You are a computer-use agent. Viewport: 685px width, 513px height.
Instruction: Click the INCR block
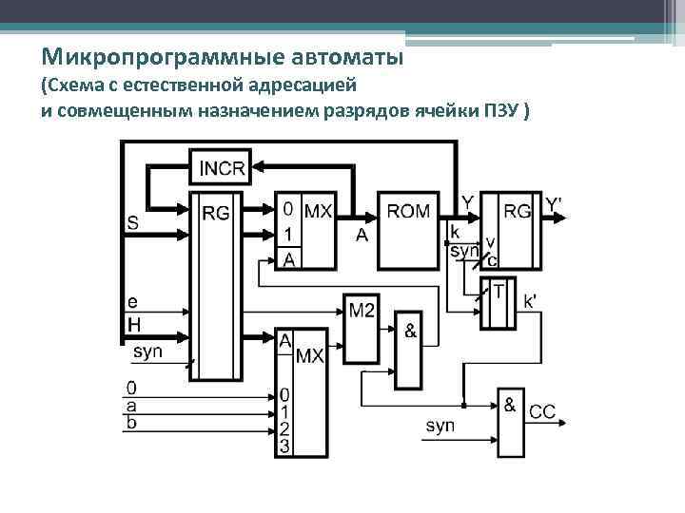point(221,169)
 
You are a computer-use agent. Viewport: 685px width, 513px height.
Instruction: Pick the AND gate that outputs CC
point(510,421)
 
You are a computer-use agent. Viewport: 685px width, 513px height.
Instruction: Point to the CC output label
point(543,412)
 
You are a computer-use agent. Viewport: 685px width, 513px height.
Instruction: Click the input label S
point(132,224)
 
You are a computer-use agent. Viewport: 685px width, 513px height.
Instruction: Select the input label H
point(133,325)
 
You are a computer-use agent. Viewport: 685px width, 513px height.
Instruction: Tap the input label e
point(132,303)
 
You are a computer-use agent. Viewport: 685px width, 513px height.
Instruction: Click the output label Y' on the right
point(554,204)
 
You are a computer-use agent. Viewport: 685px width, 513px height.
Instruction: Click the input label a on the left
point(131,405)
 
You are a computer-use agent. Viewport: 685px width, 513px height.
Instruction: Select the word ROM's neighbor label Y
point(468,202)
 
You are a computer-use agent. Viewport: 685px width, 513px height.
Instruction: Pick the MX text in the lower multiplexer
point(310,356)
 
